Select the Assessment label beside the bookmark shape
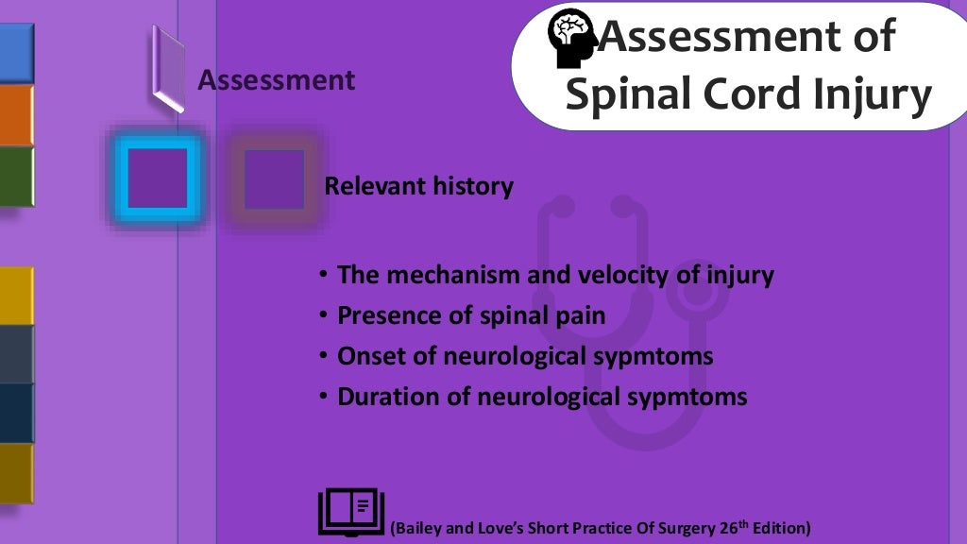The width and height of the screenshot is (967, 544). point(277,81)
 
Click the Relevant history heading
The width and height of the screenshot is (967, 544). point(418,186)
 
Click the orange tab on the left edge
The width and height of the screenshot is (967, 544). point(16,115)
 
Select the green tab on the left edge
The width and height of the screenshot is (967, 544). point(16,177)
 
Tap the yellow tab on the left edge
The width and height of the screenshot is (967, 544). point(16,296)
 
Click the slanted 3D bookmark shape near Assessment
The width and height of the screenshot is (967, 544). point(167,68)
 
